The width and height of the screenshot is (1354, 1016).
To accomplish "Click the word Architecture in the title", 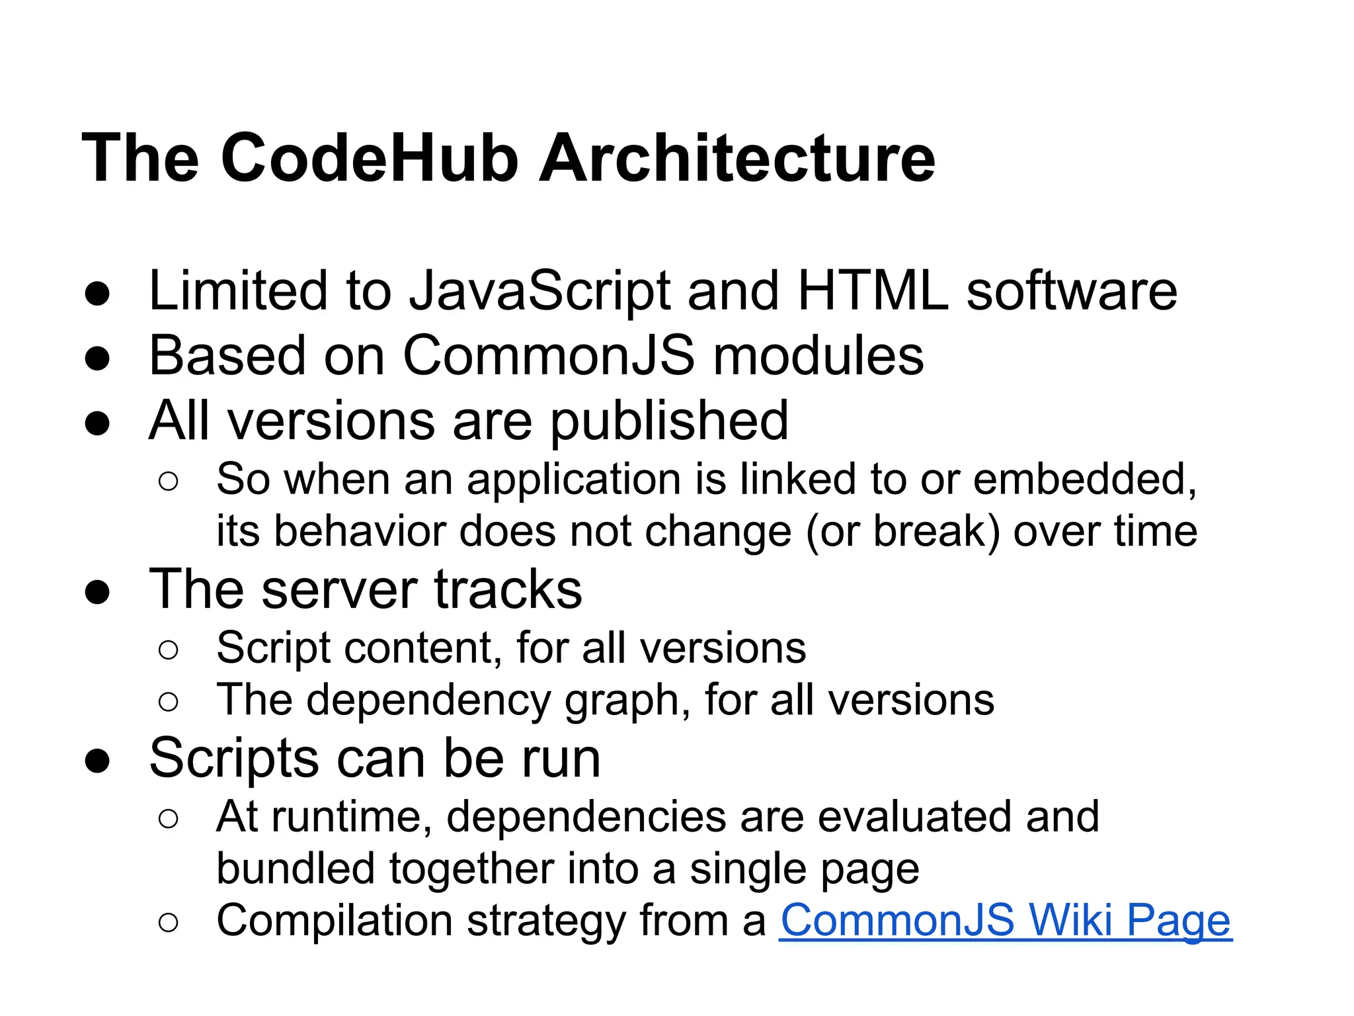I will coord(737,158).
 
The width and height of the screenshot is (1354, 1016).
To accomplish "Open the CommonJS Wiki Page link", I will coord(1005,921).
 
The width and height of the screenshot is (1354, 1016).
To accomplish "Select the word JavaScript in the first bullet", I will coord(539,292).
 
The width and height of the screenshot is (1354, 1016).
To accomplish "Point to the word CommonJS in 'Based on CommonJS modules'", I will coord(549,356).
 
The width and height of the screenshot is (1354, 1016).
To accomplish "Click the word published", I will coord(669,421).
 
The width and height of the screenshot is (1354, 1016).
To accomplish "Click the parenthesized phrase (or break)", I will coord(902,531).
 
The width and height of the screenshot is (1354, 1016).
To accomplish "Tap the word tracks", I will coord(508,589).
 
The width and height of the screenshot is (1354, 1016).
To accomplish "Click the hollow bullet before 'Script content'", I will coord(169,650).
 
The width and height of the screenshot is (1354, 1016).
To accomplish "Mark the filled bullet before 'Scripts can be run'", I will coord(97,761).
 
